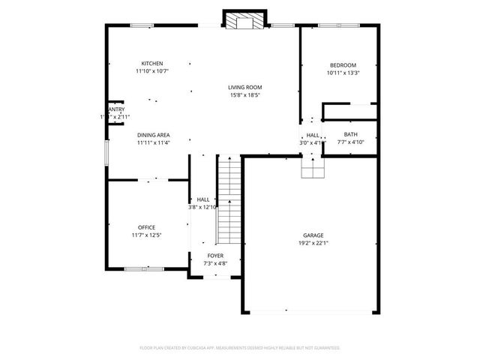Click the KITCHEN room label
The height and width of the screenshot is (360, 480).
(x=152, y=64)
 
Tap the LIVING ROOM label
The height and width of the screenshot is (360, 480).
(x=245, y=88)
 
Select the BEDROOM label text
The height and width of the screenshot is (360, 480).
(x=342, y=65)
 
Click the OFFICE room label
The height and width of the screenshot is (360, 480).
(x=146, y=227)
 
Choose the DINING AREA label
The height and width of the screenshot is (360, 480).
(x=153, y=135)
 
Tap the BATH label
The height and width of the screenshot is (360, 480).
(x=350, y=134)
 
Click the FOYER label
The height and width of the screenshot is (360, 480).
(x=215, y=256)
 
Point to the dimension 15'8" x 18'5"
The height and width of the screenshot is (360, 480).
(x=245, y=95)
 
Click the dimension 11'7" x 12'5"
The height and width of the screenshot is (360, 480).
(x=146, y=235)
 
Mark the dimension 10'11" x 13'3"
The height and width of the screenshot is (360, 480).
(x=343, y=73)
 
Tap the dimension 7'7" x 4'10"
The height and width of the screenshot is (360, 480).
(x=350, y=142)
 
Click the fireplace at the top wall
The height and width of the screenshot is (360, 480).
(x=244, y=21)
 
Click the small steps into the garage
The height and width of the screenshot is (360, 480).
(x=313, y=169)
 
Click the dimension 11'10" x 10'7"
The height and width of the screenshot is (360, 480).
(x=152, y=71)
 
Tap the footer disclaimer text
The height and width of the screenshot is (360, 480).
(x=240, y=348)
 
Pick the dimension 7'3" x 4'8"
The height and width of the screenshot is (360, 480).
(x=215, y=263)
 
